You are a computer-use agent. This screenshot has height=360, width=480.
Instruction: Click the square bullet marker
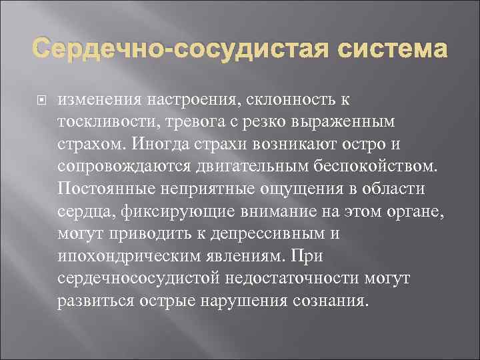click(39, 99)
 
